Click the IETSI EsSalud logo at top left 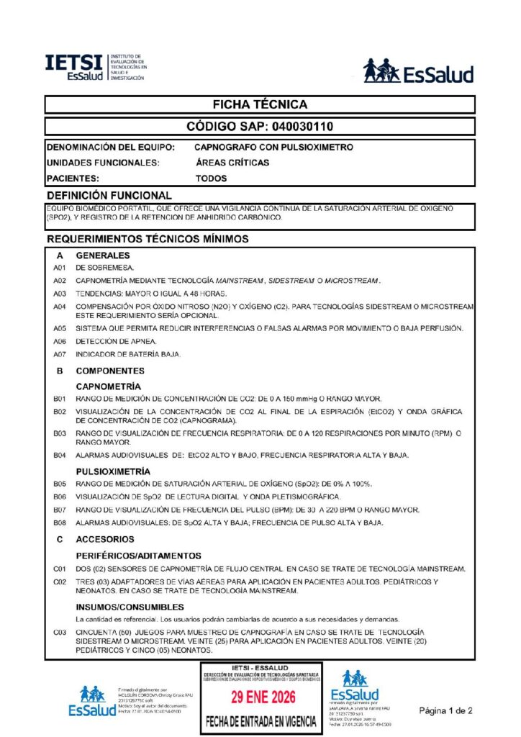94,67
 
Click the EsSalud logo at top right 418,71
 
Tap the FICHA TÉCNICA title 260,105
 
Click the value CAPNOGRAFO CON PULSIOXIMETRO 274,147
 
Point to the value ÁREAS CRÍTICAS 232,163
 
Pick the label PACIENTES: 72,178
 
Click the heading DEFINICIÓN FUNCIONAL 109,195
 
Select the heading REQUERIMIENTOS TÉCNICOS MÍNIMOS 148,238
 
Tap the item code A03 60,294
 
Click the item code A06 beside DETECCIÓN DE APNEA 60,341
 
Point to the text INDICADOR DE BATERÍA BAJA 129,354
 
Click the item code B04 60,455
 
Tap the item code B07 60,510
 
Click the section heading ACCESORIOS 105,539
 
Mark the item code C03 60,632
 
